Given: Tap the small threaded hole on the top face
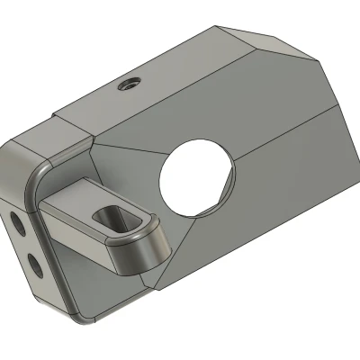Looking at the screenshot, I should (128, 85).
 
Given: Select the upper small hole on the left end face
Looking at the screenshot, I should (20, 221).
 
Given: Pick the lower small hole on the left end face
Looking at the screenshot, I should (33, 262).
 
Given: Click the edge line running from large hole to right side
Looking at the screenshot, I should (288, 126).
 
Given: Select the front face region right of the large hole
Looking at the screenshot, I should (288, 180).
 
